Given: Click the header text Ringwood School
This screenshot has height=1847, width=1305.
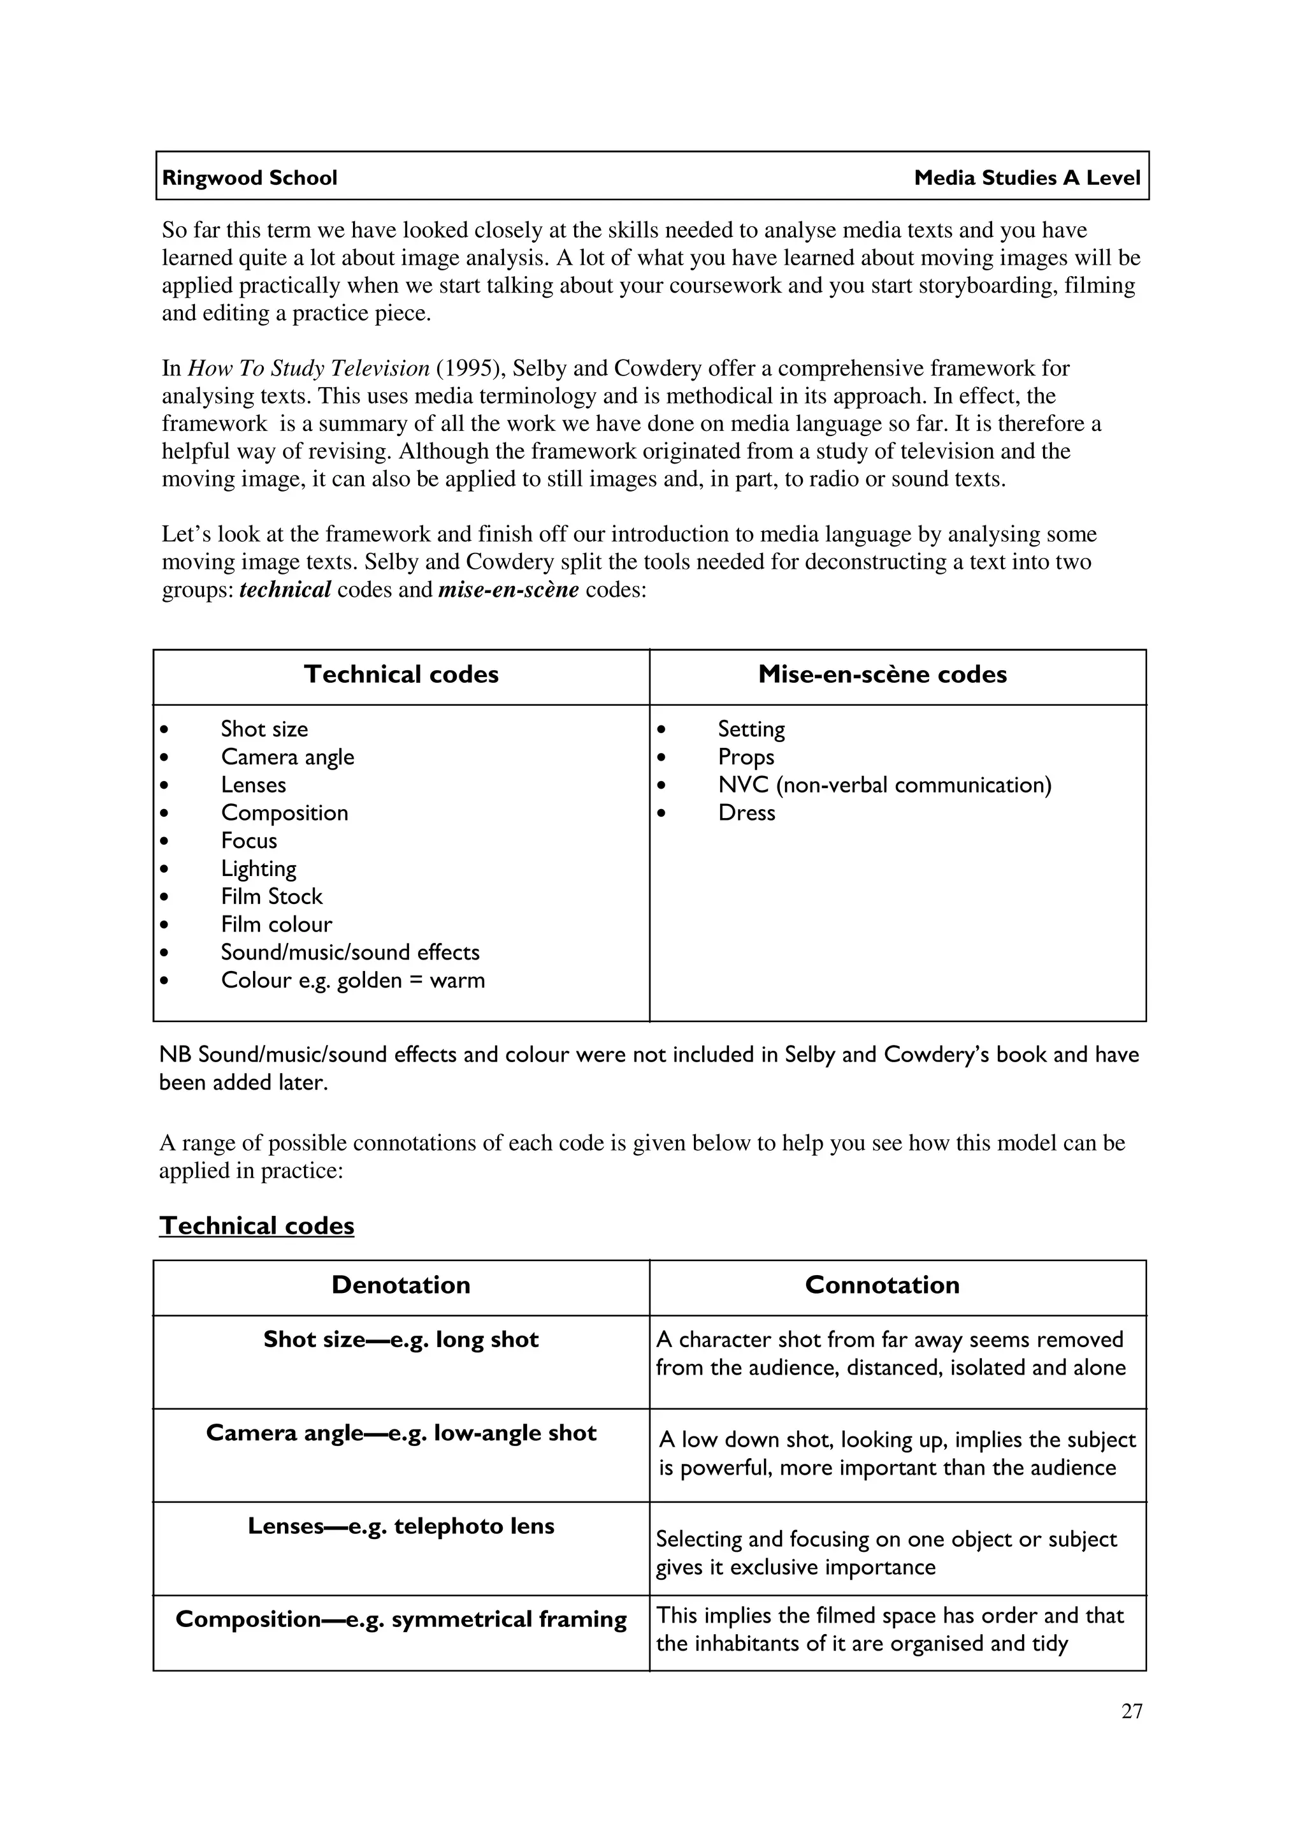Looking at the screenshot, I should pyautogui.click(x=249, y=178).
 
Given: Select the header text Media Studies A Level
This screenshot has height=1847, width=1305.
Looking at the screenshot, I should pyautogui.click(x=1027, y=178).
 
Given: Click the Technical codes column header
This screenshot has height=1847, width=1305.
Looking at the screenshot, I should pyautogui.click(x=401, y=674).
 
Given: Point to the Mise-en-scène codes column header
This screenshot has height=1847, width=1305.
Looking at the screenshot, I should pyautogui.click(x=882, y=674).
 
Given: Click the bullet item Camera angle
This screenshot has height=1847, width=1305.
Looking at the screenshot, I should pyautogui.click(x=287, y=757).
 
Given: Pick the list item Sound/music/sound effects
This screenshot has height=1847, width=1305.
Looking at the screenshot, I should pyautogui.click(x=350, y=953).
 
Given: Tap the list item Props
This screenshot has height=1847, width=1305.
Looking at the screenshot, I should pyautogui.click(x=746, y=757).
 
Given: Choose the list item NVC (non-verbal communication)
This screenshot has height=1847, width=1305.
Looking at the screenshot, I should pyautogui.click(x=884, y=785).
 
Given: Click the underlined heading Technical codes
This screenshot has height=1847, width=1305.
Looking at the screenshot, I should pyautogui.click(x=257, y=1225).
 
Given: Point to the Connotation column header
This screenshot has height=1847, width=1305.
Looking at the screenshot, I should pyautogui.click(x=882, y=1285).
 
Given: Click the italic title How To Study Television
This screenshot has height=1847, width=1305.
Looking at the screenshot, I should pyautogui.click(x=309, y=369).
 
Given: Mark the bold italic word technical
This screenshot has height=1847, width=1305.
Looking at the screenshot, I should pyautogui.click(x=285, y=590).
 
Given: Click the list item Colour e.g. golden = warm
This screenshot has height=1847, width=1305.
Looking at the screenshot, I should pyautogui.click(x=352, y=981).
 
